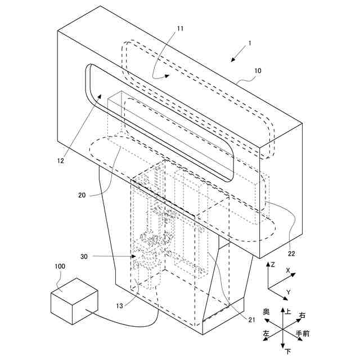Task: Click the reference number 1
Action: tap(250, 43)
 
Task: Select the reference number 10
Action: tap(258, 71)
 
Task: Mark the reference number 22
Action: tap(291, 253)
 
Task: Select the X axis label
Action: tap(288, 271)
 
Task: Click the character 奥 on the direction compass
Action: tap(266, 311)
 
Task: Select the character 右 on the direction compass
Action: tap(303, 315)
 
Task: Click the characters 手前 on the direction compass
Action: tap(302, 334)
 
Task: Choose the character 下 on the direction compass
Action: tap(288, 352)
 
